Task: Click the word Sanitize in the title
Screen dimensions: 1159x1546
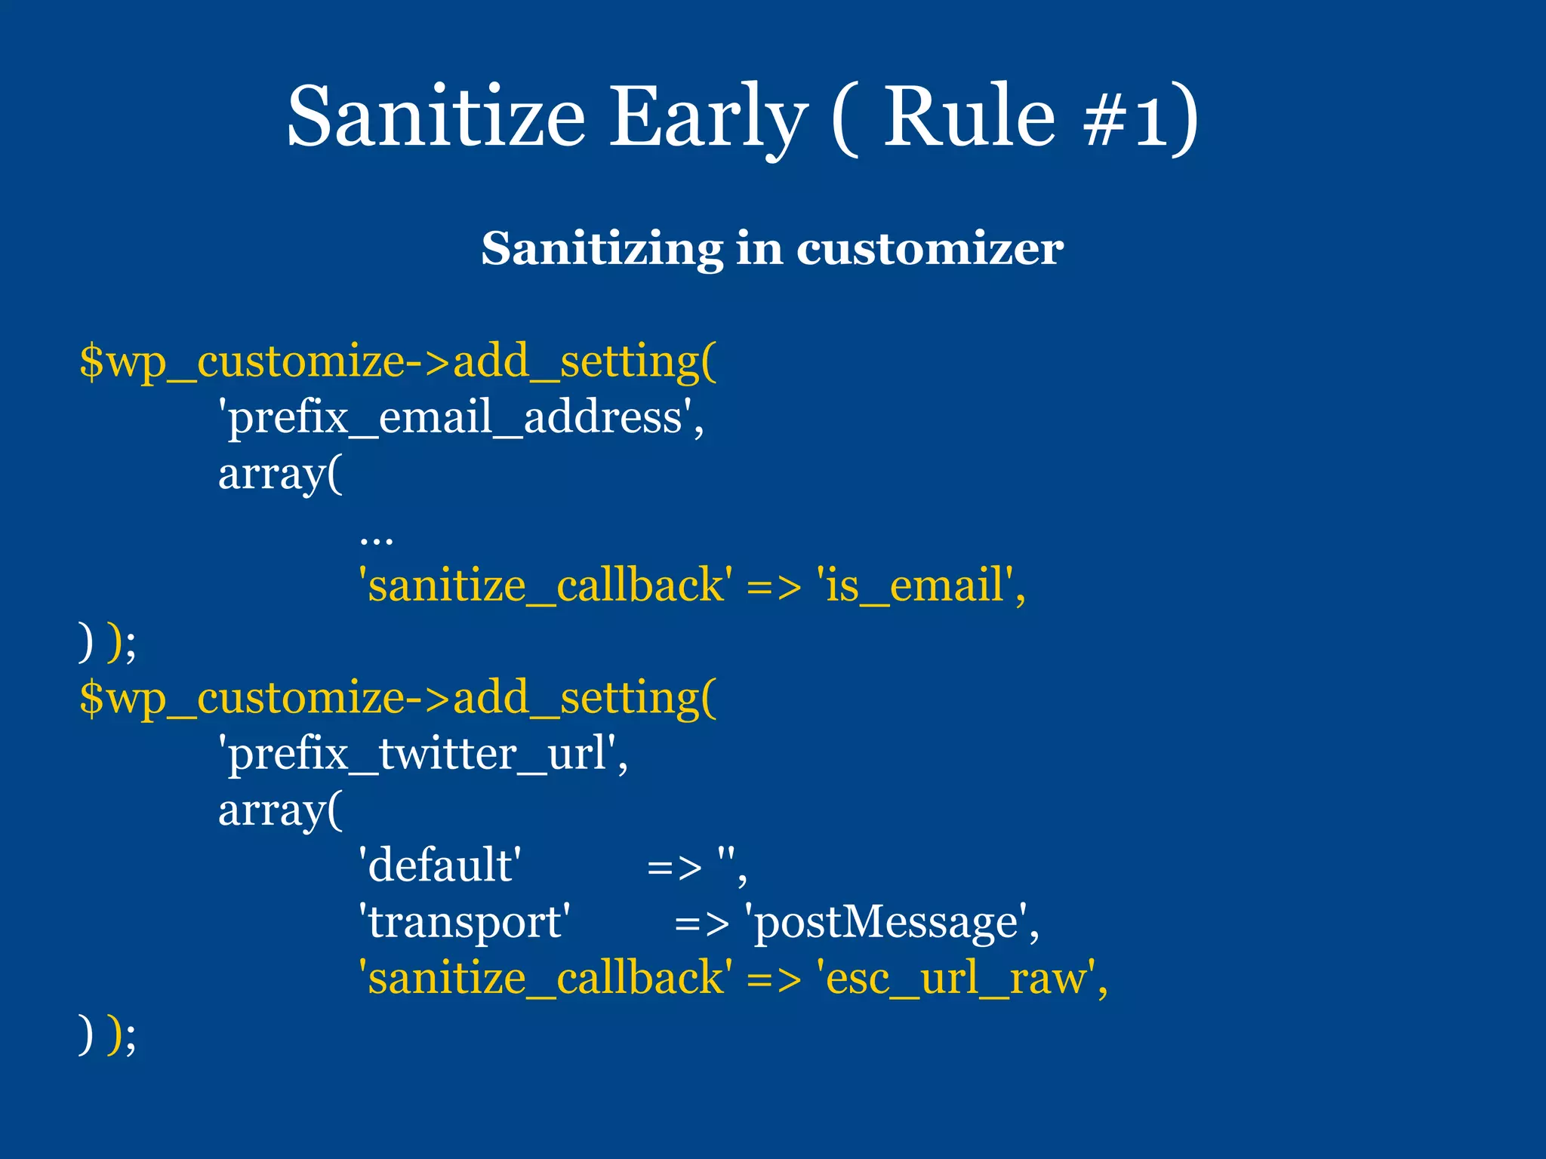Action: (x=436, y=117)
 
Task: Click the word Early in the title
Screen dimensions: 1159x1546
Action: (x=708, y=117)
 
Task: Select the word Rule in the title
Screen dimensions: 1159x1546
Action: (x=969, y=117)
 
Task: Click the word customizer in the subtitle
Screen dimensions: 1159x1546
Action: (x=930, y=249)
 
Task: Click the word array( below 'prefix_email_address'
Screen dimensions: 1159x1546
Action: (x=280, y=475)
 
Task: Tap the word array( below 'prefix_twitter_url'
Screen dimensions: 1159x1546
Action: (x=280, y=810)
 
